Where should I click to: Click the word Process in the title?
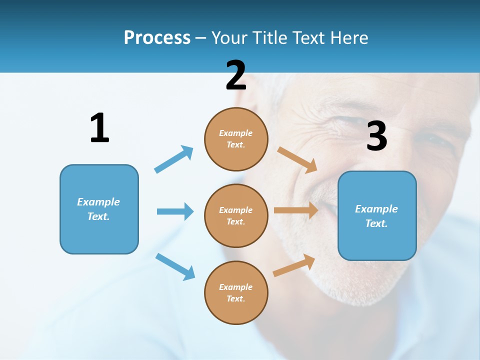tap(157, 37)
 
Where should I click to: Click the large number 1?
tap(99, 128)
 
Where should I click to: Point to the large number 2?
tap(236, 75)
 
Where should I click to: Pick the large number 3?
tap(376, 136)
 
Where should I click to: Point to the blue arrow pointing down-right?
tap(175, 266)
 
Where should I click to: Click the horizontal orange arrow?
tap(296, 210)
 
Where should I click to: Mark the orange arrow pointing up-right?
tap(294, 265)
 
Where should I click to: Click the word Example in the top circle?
tap(236, 133)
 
